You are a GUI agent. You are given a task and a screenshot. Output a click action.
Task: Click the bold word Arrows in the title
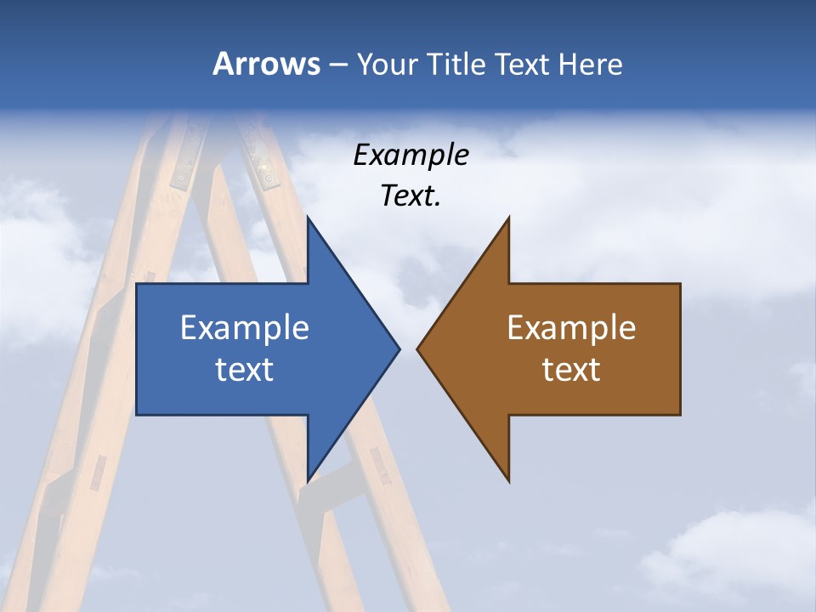[266, 64]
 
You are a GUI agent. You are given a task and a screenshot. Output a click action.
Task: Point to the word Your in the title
[388, 64]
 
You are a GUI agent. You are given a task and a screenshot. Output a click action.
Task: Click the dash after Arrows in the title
[337, 65]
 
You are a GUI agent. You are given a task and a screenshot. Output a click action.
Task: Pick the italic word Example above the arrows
[411, 155]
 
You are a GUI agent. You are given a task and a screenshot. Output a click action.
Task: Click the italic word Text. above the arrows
[411, 195]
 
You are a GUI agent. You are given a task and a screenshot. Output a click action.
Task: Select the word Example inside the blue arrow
[245, 327]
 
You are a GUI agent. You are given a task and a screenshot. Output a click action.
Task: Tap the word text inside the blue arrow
[245, 369]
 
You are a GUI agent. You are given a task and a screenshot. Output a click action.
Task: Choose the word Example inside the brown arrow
[571, 327]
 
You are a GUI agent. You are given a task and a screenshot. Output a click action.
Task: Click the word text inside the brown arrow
[571, 369]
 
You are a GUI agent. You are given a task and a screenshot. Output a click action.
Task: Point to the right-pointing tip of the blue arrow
[398, 348]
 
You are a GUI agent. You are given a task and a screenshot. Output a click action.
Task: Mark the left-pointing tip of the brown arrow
[419, 348]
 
